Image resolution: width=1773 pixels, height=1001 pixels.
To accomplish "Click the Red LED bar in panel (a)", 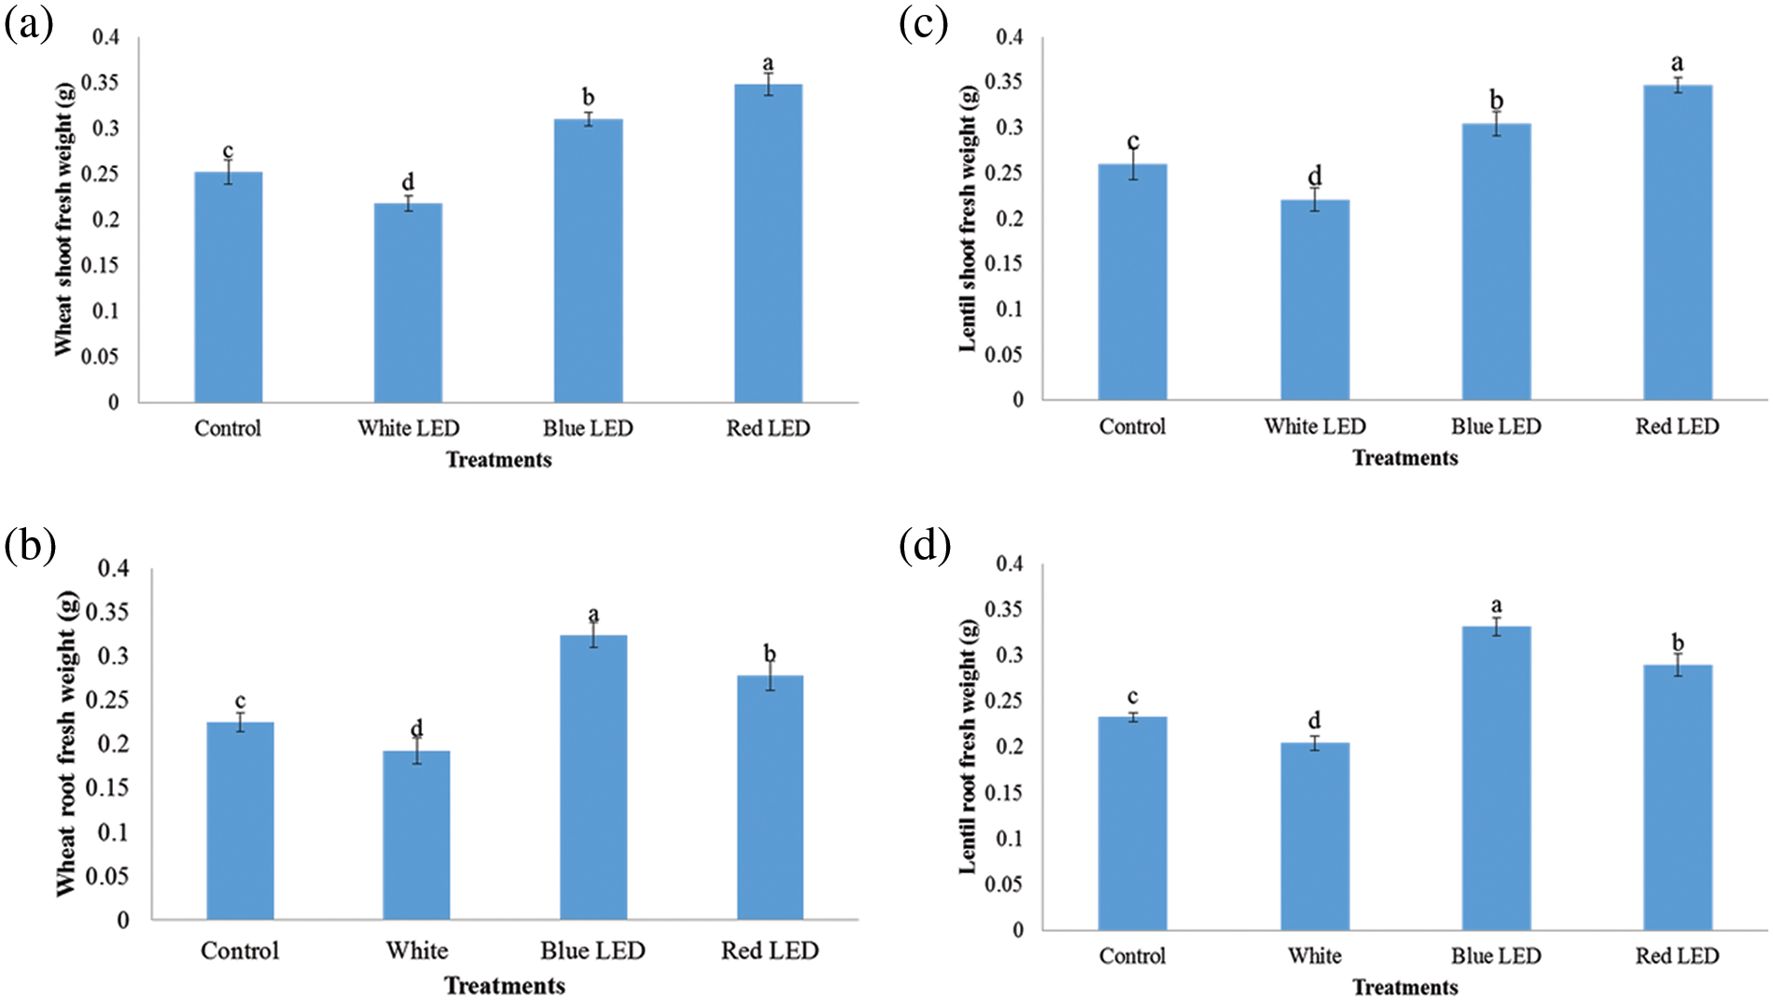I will click(x=768, y=243).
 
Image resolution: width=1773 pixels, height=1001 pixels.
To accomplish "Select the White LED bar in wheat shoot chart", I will click(x=408, y=302).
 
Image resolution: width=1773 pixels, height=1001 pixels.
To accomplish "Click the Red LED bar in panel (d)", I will click(x=1677, y=797).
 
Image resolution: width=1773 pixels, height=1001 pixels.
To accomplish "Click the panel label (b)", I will click(x=30, y=546).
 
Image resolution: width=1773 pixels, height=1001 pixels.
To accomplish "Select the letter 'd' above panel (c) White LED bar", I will click(x=1315, y=175).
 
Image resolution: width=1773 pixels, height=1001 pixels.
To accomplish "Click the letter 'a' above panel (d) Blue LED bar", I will click(x=1496, y=605).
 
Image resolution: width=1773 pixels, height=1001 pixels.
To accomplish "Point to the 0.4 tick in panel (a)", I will click(x=105, y=37).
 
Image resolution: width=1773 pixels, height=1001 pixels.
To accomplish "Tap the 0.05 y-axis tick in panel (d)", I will click(x=1004, y=883).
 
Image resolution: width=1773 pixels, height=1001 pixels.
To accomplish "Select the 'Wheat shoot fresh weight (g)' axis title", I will click(x=63, y=219).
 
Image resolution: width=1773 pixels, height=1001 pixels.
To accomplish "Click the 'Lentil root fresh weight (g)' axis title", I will click(x=968, y=746).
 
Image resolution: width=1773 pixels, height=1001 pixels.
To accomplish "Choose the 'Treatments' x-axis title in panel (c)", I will click(x=1404, y=458).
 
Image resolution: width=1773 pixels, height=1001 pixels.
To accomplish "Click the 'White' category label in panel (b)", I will click(x=417, y=951).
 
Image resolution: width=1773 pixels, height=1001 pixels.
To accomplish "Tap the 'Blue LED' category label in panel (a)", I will click(x=588, y=428).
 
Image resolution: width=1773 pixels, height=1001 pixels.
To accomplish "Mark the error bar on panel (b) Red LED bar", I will click(x=770, y=676).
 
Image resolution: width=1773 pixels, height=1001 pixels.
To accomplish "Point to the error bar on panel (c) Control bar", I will click(x=1133, y=165).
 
